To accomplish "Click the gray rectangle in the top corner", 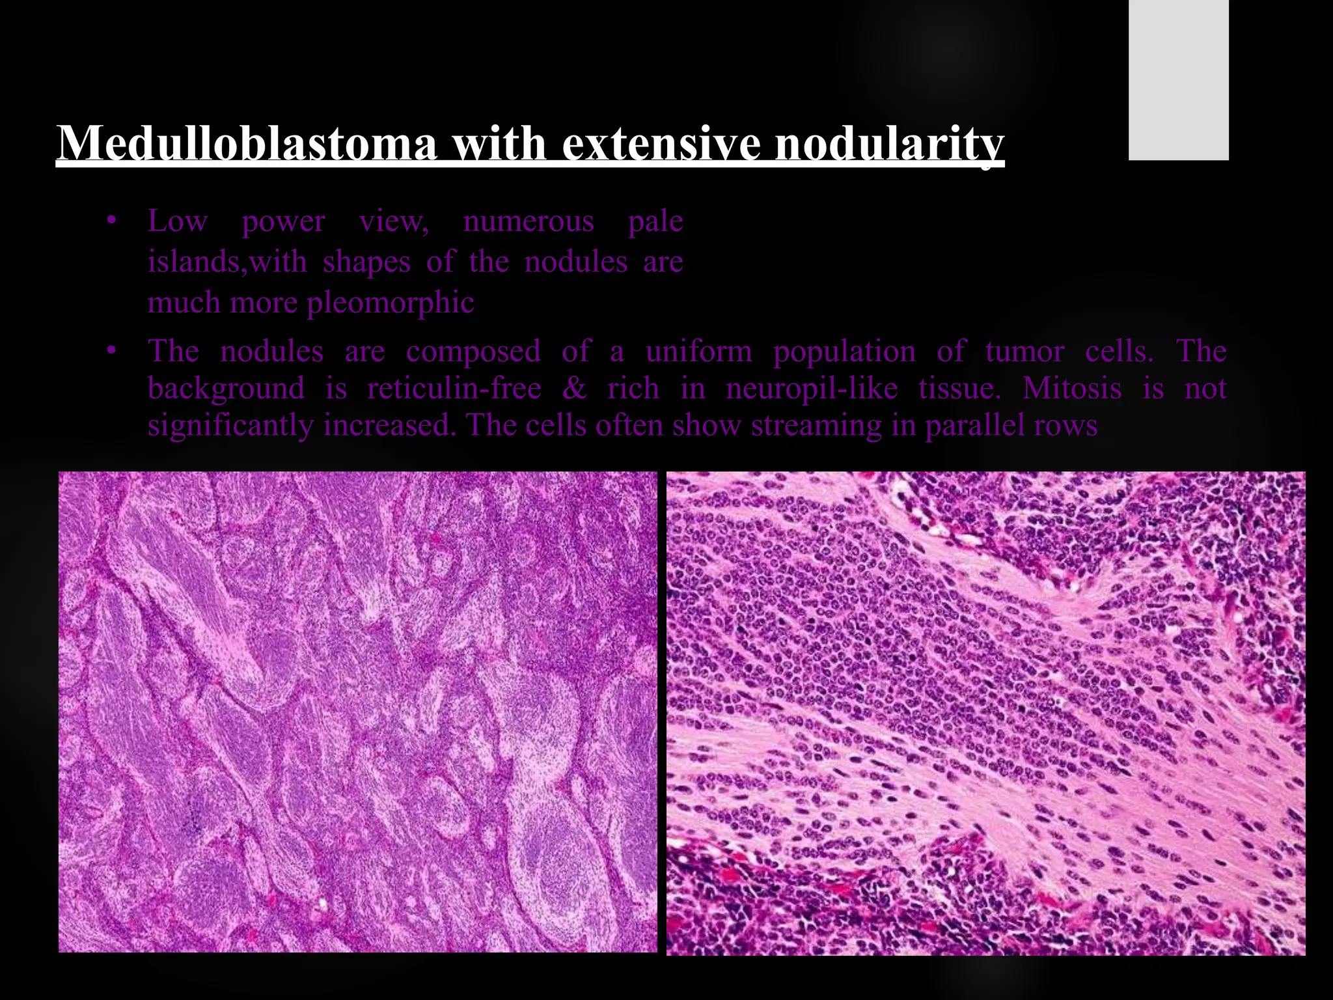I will tap(1178, 79).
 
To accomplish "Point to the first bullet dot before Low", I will tap(112, 223).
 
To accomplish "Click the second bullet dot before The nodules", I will tap(112, 352).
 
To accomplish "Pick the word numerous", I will tap(529, 221).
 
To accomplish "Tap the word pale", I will tap(655, 221).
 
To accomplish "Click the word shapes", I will tap(366, 262).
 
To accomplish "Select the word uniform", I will tap(698, 352).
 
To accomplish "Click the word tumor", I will tap(1024, 352).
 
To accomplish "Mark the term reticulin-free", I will tap(454, 389).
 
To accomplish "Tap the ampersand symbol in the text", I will tap(574, 389).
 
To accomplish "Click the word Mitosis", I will tap(1072, 389).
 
